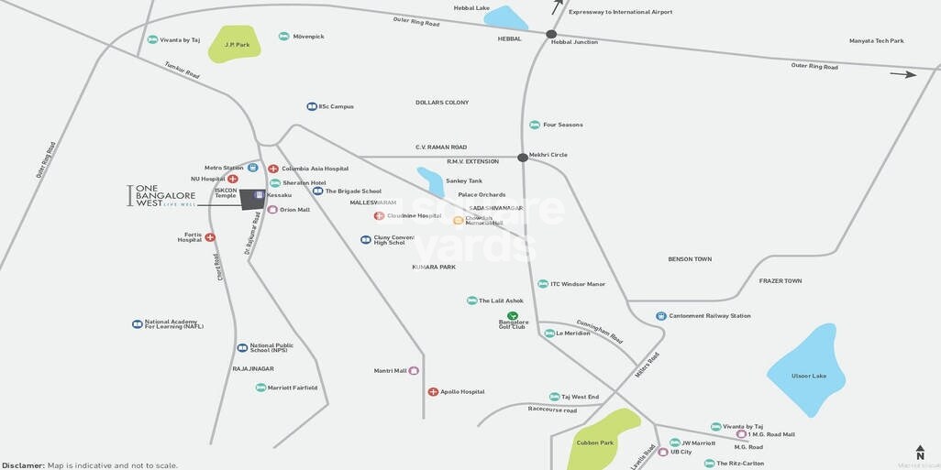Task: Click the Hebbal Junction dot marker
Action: [x=551, y=34]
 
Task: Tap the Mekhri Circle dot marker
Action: [x=523, y=158]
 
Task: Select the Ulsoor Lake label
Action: [x=809, y=376]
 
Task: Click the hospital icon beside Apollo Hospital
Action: [x=433, y=391]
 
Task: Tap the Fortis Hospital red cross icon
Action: [x=210, y=237]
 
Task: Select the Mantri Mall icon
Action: [x=414, y=371]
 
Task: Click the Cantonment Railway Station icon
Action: [x=661, y=316]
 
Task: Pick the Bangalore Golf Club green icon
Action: [x=513, y=315]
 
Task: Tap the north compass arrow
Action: [x=920, y=452]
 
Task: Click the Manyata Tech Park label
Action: [x=876, y=40]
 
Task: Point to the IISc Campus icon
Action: [x=312, y=106]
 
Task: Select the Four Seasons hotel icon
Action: [x=535, y=125]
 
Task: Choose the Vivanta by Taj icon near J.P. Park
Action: [x=152, y=39]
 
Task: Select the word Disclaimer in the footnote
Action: [x=23, y=465]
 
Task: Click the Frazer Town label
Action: [x=780, y=280]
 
